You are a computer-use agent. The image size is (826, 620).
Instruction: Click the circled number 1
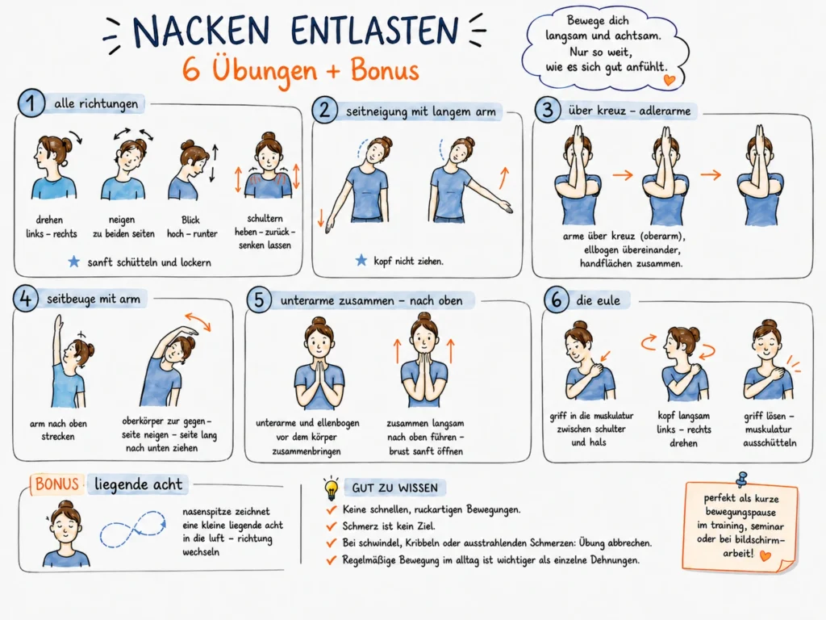click(31, 103)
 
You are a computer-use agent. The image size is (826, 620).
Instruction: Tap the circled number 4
click(26, 299)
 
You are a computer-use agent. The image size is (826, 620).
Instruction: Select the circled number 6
click(557, 300)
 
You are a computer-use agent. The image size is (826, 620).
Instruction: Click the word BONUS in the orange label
click(57, 484)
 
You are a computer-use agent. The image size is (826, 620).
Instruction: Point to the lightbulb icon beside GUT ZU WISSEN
click(331, 488)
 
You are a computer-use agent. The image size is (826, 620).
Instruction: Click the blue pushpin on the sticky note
click(742, 479)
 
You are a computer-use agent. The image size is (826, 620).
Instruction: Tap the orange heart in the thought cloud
click(669, 80)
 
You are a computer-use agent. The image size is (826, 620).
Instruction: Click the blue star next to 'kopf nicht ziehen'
click(361, 260)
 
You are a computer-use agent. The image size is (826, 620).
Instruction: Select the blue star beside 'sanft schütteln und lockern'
click(73, 262)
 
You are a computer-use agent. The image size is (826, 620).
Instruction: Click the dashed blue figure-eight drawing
click(133, 529)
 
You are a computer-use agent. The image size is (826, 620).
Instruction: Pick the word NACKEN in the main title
click(201, 31)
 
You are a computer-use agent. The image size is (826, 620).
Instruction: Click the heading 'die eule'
click(598, 300)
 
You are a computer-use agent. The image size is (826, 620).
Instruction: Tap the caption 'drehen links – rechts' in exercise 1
click(51, 227)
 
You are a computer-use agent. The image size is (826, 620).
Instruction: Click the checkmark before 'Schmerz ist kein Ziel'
click(332, 526)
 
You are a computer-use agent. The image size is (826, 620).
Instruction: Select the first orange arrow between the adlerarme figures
click(623, 174)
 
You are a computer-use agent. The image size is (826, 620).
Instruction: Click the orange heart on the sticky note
click(766, 555)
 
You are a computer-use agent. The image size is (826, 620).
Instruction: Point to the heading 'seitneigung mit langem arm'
click(420, 111)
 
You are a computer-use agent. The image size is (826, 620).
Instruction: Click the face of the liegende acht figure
click(65, 525)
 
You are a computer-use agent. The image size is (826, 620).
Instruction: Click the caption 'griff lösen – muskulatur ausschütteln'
click(770, 429)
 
